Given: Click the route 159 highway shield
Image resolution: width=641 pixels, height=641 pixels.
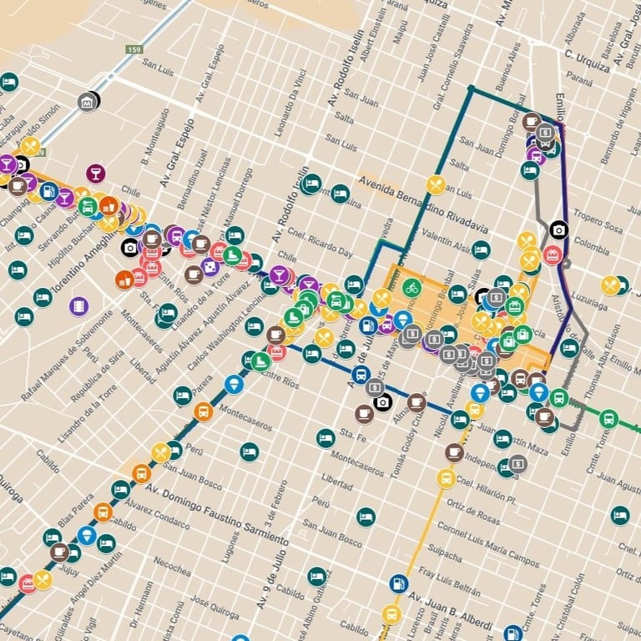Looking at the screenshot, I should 134,50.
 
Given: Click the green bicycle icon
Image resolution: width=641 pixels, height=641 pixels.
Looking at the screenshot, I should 411,288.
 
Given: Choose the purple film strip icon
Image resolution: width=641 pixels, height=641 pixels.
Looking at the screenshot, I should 79,306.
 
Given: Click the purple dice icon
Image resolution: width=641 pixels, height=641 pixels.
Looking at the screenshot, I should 210,266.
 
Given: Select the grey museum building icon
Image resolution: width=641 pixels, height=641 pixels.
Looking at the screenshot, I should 86,103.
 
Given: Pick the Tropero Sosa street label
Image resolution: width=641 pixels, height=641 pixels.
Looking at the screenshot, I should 598,225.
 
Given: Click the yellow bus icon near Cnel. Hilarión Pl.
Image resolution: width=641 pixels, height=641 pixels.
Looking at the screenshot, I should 446,478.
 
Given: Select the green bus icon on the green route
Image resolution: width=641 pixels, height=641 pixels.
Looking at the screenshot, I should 608,418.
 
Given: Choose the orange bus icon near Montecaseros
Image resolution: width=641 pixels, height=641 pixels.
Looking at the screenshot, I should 203,411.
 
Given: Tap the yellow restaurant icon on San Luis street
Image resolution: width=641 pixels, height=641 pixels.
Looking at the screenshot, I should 30,147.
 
